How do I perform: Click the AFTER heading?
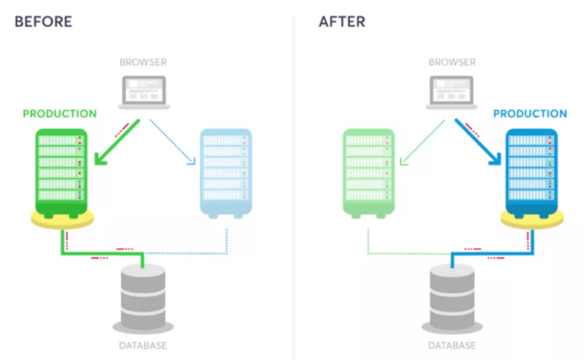click(x=342, y=22)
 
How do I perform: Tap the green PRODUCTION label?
click(x=60, y=113)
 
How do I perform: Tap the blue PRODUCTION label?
click(x=530, y=113)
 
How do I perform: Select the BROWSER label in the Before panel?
click(x=142, y=61)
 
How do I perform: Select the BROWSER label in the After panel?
click(x=452, y=61)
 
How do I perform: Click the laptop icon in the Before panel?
click(x=142, y=92)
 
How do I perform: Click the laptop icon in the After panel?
click(x=452, y=92)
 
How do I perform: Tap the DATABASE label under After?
click(x=452, y=346)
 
